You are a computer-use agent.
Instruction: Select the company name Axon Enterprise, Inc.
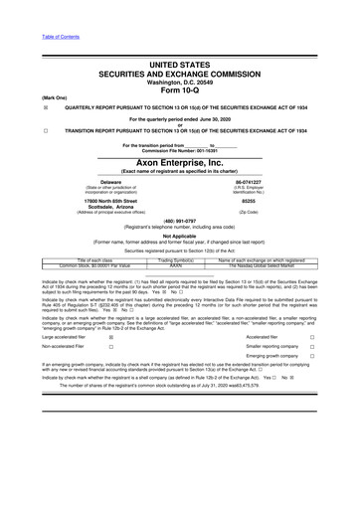[x=180, y=158]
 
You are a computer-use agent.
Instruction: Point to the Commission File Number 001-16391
[x=179, y=149]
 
